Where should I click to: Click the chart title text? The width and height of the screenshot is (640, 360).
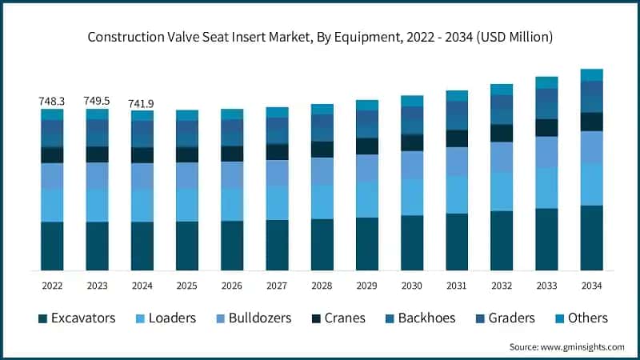click(x=320, y=37)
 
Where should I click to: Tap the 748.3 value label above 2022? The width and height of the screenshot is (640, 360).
click(x=52, y=102)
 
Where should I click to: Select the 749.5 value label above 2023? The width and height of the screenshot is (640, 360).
click(x=97, y=102)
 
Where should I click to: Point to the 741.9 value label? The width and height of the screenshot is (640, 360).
click(x=142, y=103)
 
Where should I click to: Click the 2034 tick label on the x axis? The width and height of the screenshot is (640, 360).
click(x=591, y=285)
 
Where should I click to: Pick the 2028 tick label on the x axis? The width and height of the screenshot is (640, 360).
click(x=322, y=285)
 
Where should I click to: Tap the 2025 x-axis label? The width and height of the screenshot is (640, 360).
click(x=187, y=285)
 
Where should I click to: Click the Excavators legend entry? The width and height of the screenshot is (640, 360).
click(x=77, y=318)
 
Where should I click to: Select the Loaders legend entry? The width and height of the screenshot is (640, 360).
click(x=164, y=318)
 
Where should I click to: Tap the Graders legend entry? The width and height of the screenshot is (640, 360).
click(x=504, y=318)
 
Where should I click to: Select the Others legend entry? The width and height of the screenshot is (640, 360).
click(x=581, y=318)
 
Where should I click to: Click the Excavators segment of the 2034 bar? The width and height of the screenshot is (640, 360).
click(x=591, y=238)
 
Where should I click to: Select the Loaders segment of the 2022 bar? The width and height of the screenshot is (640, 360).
click(x=52, y=206)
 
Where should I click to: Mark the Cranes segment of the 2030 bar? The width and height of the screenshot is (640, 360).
click(x=412, y=142)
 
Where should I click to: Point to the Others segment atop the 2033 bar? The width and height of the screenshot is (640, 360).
click(x=546, y=82)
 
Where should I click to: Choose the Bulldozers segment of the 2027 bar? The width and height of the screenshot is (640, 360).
click(x=277, y=173)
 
